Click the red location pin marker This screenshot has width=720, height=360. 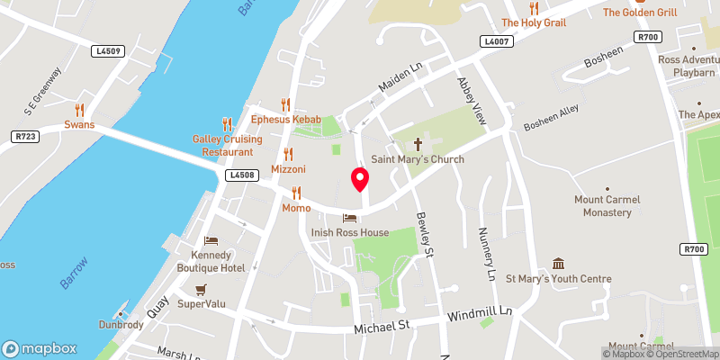(360, 178)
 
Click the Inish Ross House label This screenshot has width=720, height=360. (349, 232)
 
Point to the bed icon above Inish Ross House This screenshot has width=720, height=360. (349, 218)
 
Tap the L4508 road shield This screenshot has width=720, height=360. (240, 175)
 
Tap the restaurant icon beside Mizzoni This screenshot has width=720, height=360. (288, 154)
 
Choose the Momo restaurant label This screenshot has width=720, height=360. (296, 208)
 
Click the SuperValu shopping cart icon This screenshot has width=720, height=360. (202, 290)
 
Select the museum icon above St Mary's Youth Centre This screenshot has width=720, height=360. (558, 264)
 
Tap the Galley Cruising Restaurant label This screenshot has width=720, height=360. (227, 146)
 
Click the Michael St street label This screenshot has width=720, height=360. (382, 326)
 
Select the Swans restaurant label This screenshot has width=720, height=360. (79, 124)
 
